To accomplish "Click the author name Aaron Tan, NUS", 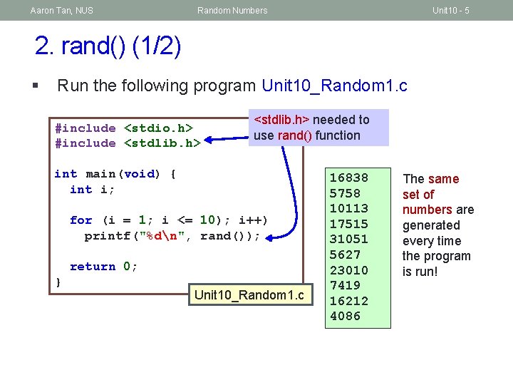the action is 61,10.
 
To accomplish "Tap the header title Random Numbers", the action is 232,10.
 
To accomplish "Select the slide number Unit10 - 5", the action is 450,10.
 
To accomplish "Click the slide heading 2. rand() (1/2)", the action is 108,46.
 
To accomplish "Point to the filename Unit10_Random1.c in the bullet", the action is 334,86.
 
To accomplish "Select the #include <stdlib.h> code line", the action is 128,143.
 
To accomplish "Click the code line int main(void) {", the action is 115,174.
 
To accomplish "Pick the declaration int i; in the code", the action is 93,190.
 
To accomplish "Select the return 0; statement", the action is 103,267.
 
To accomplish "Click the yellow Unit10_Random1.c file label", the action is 249,295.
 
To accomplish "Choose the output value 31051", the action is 348,240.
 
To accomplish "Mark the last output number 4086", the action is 345,316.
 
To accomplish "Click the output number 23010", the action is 348,270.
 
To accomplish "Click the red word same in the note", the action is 443,179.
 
